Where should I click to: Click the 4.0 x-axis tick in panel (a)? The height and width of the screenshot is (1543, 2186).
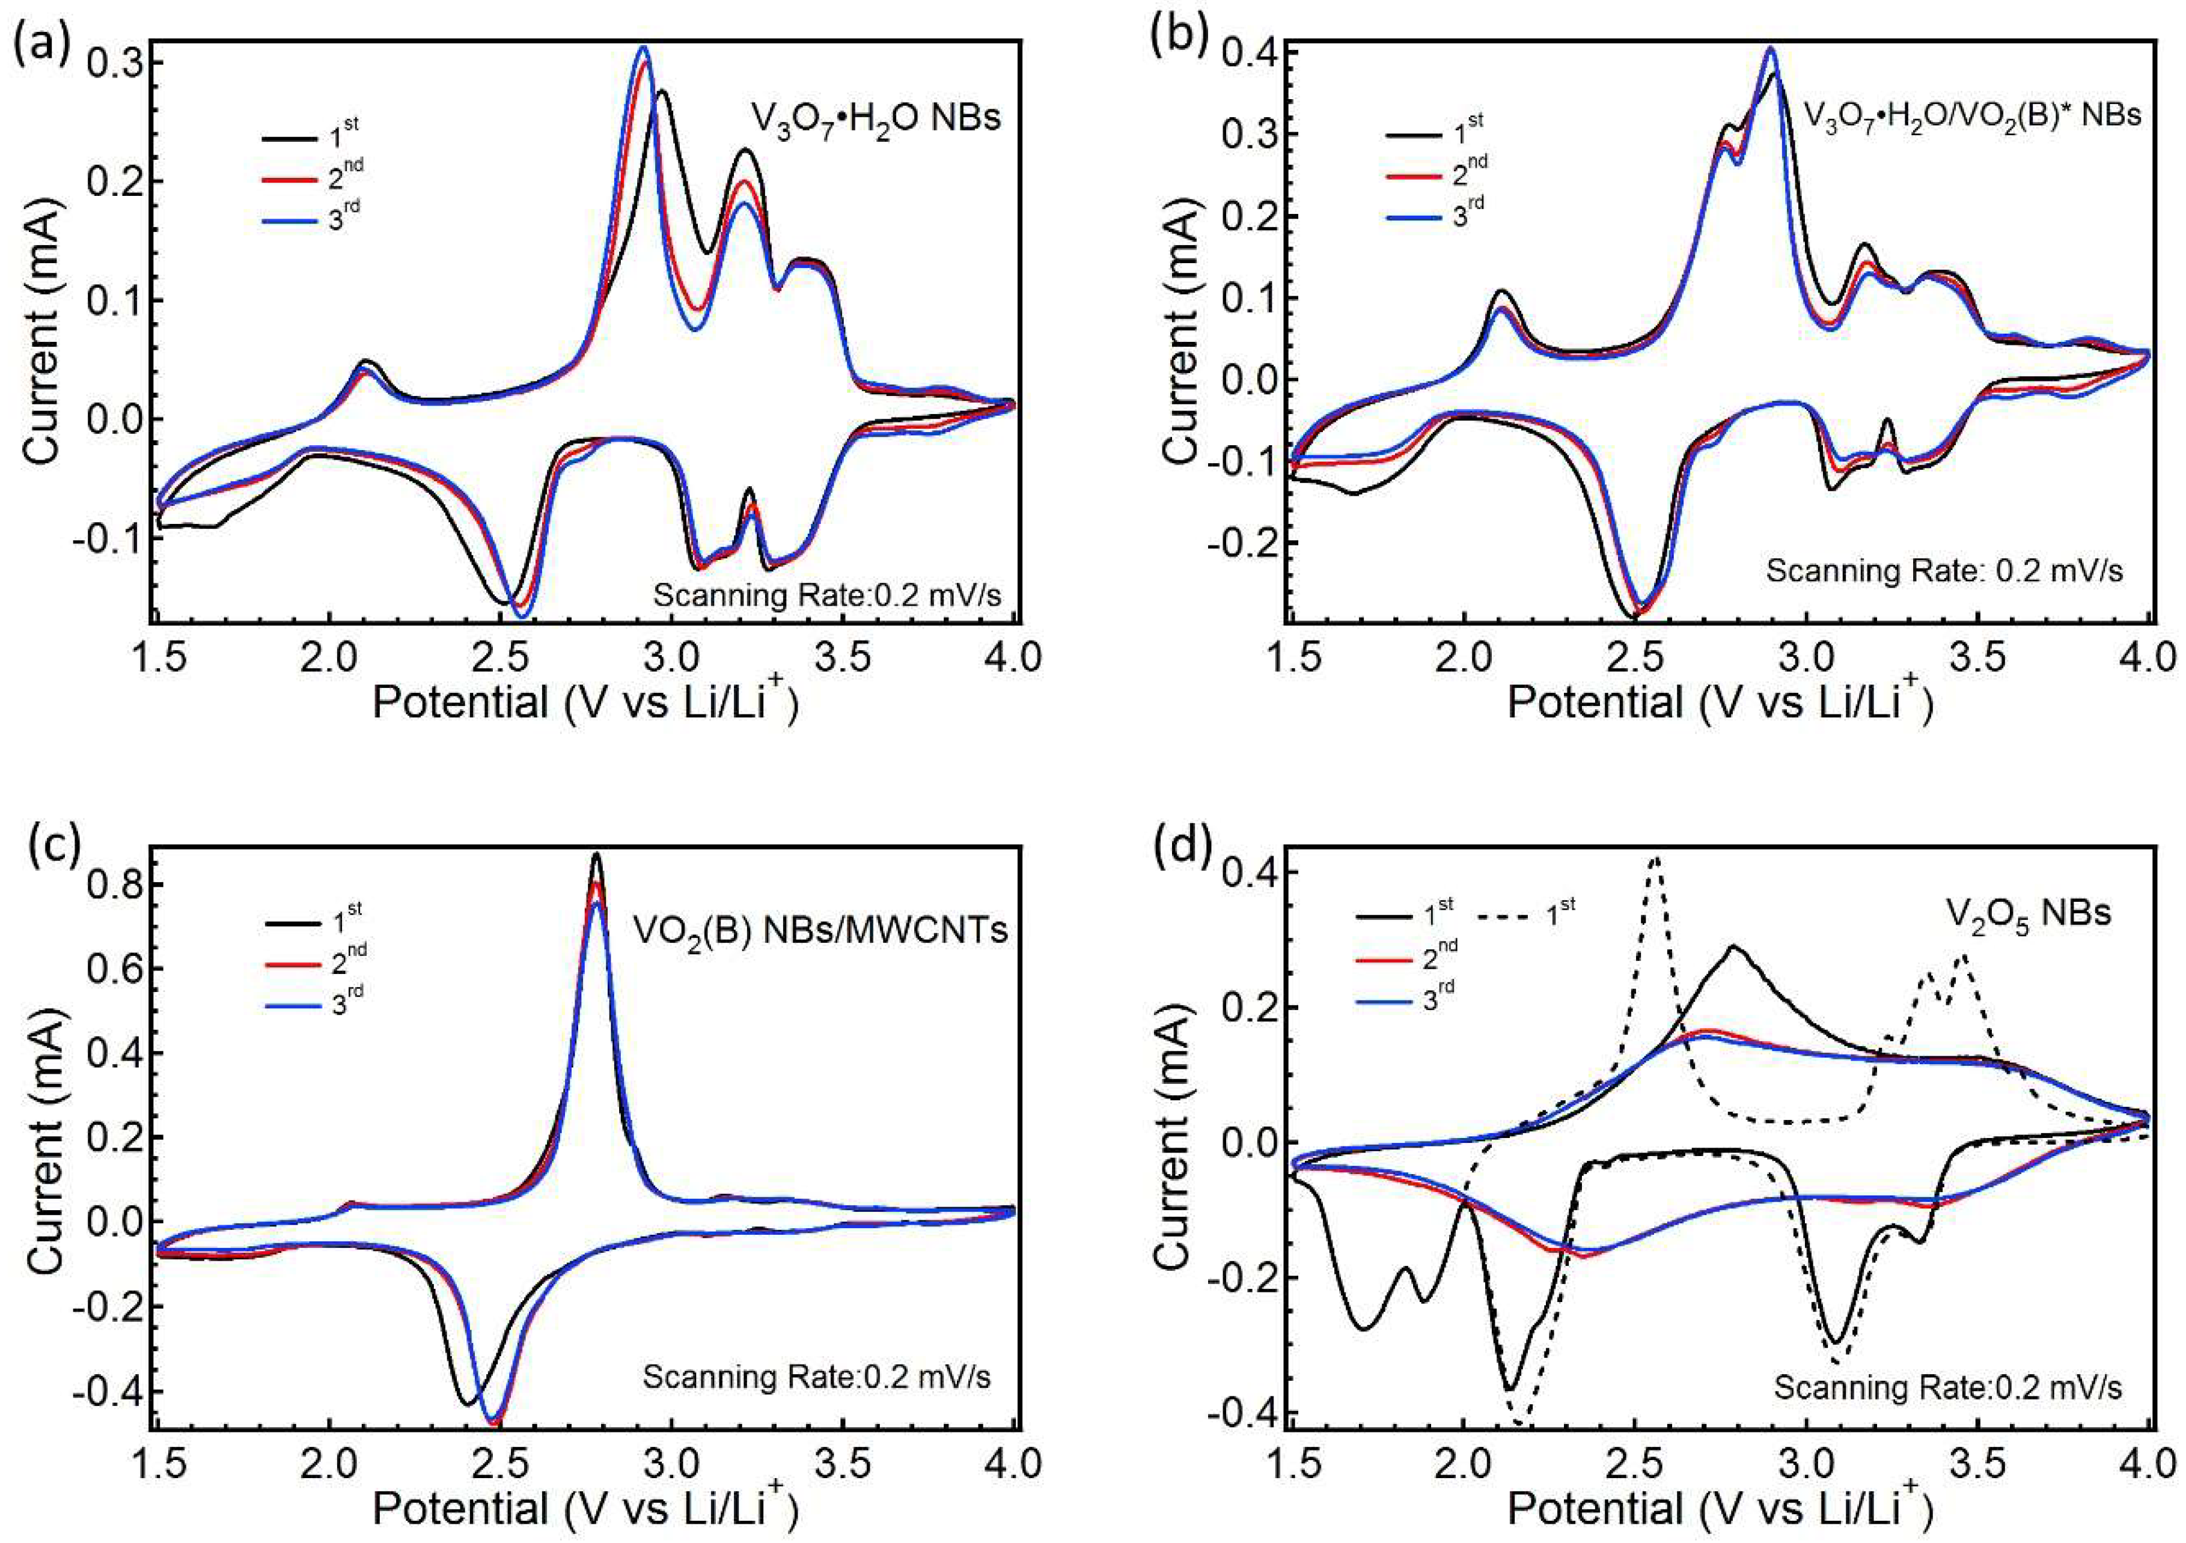(1013, 656)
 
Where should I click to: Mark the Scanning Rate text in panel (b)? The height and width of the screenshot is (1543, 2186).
(1944, 571)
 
